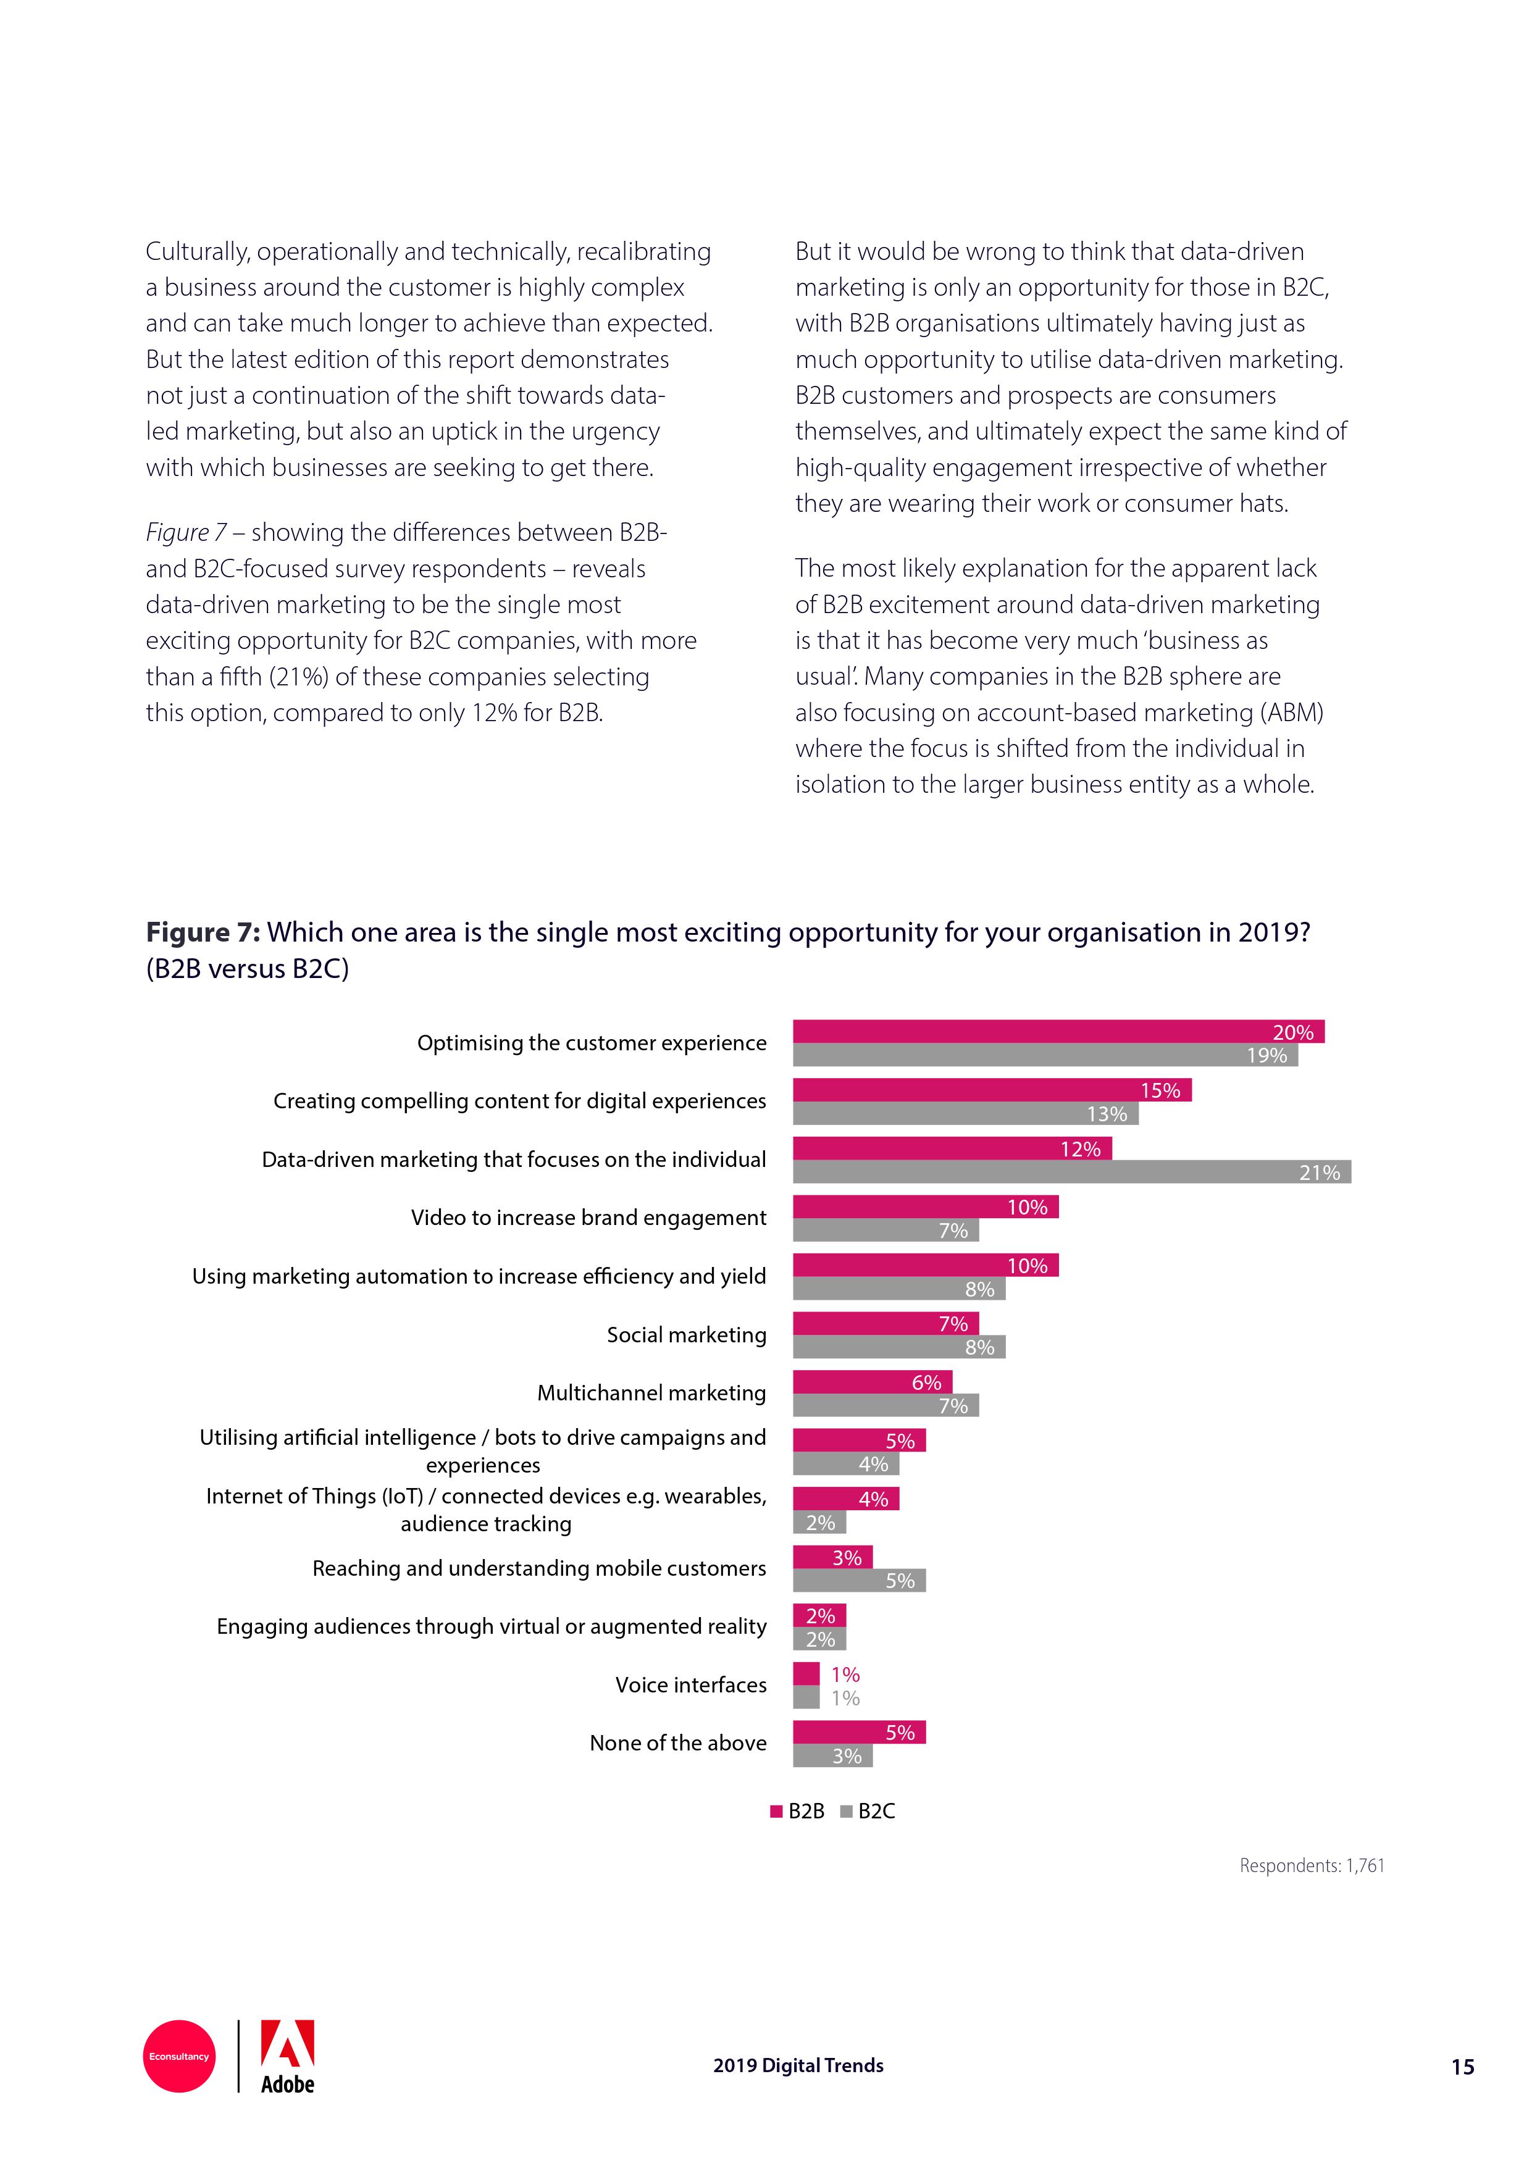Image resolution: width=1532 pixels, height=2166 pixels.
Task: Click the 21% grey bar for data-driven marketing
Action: tap(1071, 1172)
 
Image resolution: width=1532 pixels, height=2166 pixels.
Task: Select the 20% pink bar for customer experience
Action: tap(1058, 1031)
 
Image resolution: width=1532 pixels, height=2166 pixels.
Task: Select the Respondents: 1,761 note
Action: tap(1312, 1865)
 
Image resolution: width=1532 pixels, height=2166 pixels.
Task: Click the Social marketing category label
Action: tap(686, 1335)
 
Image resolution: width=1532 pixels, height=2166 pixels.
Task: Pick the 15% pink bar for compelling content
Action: tap(992, 1090)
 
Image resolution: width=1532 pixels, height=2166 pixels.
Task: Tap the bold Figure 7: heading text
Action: tap(203, 932)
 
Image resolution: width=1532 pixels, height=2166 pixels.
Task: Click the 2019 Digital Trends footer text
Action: tap(798, 2065)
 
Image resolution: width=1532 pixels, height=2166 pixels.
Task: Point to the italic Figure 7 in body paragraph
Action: tap(186, 532)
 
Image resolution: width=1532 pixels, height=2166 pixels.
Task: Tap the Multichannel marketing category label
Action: tap(651, 1394)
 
